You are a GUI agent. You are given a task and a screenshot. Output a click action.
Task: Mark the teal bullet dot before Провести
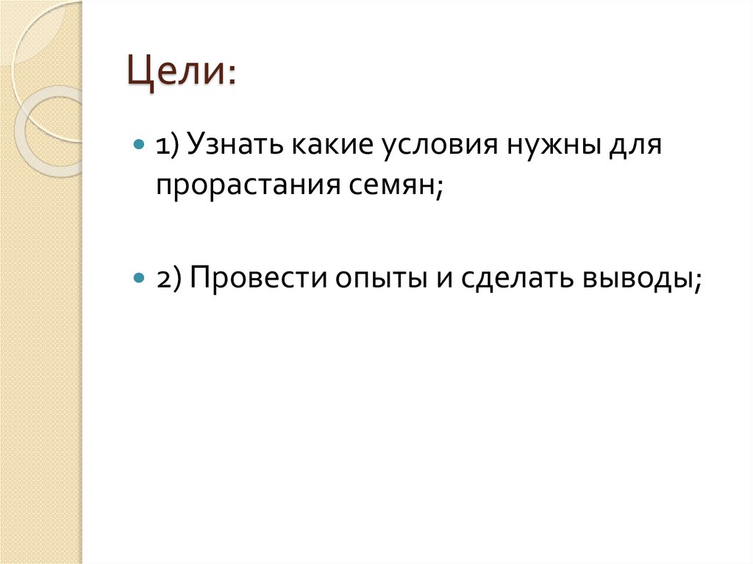pos(138,279)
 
